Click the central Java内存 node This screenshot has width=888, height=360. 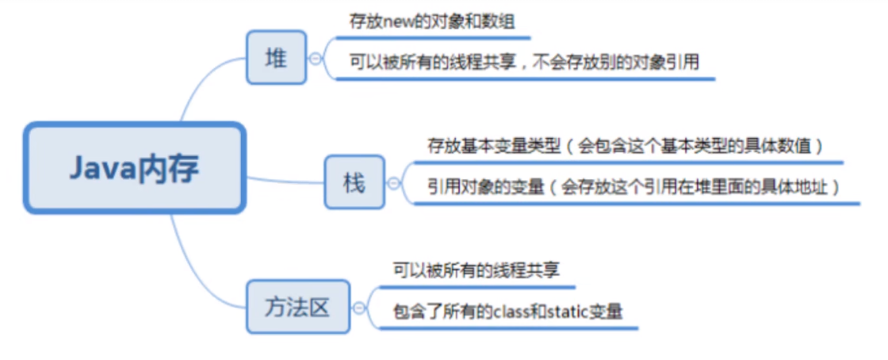[x=133, y=167]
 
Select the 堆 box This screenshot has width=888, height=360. [x=276, y=57]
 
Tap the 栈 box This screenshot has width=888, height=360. [x=354, y=182]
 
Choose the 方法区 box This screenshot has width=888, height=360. [x=297, y=307]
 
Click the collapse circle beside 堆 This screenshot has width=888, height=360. [x=316, y=58]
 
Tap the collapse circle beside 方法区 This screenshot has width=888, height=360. [x=359, y=308]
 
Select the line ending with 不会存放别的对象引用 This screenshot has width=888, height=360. [x=523, y=62]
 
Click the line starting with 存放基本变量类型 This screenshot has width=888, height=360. [x=625, y=147]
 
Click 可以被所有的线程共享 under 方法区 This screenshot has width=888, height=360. [x=477, y=270]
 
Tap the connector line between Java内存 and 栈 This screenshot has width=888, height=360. [x=285, y=180]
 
